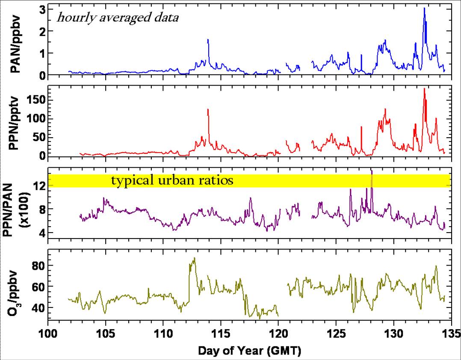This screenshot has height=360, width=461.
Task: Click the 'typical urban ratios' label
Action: (x=172, y=180)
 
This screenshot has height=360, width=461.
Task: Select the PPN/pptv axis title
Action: (x=18, y=122)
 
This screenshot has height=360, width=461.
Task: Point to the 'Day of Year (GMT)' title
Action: (x=249, y=351)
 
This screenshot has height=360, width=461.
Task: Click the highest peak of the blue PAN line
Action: (x=424, y=8)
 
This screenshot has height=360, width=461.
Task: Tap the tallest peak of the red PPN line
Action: (x=424, y=89)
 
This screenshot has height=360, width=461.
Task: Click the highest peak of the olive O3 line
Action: (x=195, y=258)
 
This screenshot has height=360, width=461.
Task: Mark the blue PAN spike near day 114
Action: (x=208, y=39)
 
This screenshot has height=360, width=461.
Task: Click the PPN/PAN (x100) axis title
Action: (x=18, y=204)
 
